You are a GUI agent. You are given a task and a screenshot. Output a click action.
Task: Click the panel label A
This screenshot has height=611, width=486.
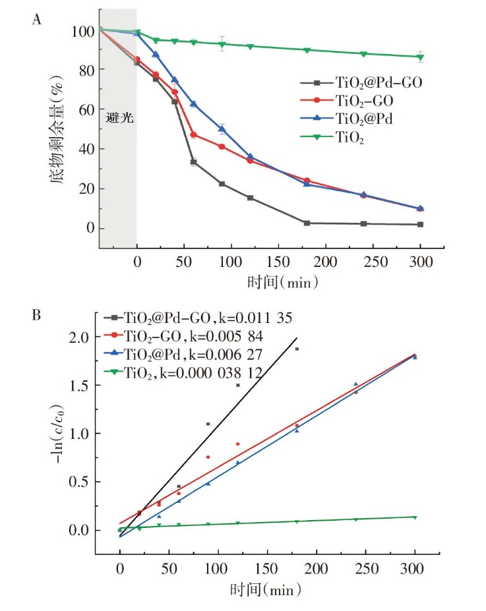click(x=38, y=20)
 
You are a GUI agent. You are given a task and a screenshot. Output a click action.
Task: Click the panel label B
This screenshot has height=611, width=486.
click(x=38, y=314)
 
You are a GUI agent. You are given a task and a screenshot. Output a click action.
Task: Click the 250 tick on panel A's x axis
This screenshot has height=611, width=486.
click(x=373, y=262)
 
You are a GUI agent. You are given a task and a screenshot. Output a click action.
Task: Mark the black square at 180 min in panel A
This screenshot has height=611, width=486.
click(x=307, y=223)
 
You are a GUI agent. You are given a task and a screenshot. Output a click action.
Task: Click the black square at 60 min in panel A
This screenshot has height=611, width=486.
click(x=193, y=161)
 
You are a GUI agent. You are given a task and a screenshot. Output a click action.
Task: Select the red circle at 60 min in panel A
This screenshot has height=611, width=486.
click(x=194, y=134)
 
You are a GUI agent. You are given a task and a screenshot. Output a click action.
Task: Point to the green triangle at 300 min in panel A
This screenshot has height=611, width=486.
click(x=420, y=57)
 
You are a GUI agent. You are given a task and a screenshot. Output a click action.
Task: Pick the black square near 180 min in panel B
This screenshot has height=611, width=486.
click(x=297, y=349)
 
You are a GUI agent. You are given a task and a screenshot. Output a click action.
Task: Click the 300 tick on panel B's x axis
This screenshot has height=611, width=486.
click(x=415, y=569)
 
